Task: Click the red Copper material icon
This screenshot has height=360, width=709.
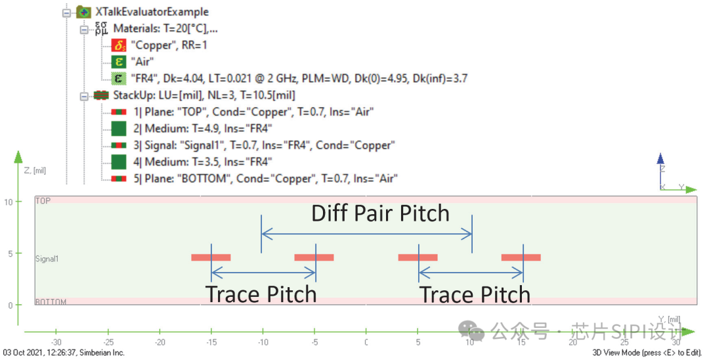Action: coord(119,45)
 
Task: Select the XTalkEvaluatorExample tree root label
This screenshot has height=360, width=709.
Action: coord(152,12)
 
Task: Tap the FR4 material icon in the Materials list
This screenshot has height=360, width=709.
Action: coord(119,79)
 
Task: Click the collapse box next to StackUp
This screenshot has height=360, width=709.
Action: coord(84,96)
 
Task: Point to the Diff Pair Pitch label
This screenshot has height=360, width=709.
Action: coord(380,214)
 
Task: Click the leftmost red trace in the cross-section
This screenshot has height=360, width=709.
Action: coord(211,258)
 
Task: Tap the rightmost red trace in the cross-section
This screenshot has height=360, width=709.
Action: coord(521,258)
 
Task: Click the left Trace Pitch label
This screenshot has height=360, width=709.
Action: coord(261,294)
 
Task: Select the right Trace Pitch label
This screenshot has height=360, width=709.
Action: coord(475,294)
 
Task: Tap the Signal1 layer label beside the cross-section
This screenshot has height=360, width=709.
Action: coord(47,259)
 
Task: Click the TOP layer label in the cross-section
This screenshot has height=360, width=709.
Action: coord(43,200)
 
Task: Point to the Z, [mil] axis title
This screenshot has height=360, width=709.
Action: coord(37,170)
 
